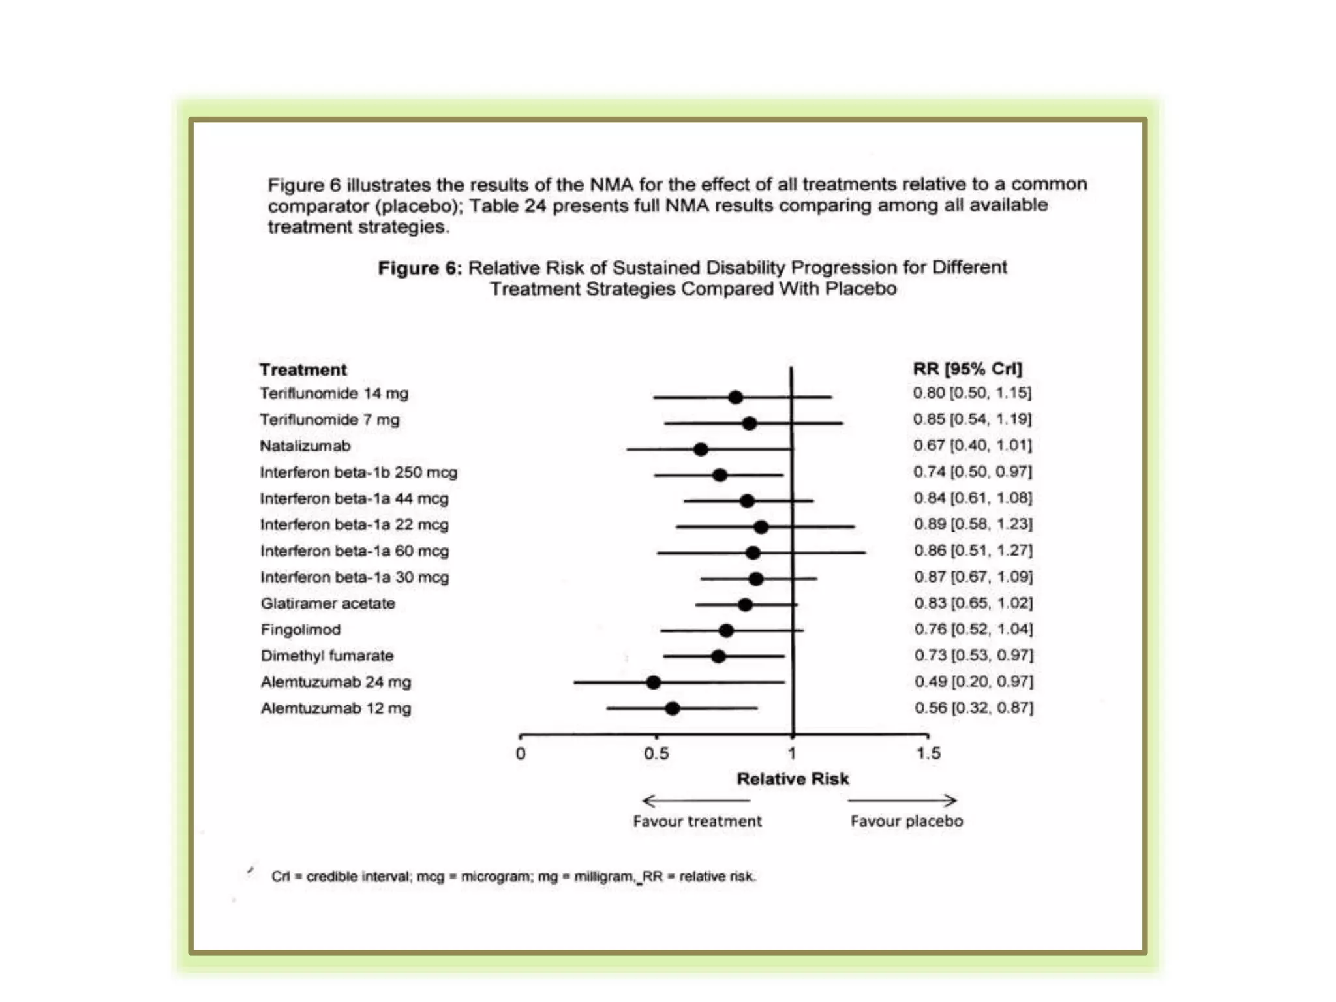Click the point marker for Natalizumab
point(701,449)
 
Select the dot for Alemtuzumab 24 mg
point(653,682)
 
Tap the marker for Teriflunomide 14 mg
point(735,397)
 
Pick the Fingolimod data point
point(726,630)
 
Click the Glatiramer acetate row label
point(327,603)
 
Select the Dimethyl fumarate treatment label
point(327,656)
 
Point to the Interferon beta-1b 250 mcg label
point(358,472)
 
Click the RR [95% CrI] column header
point(967,369)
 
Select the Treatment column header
point(303,370)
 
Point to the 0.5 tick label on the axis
point(656,753)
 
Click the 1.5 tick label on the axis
point(928,753)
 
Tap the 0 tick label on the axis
point(521,754)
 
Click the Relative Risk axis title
point(793,779)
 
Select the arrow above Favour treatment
point(696,800)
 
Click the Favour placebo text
point(906,821)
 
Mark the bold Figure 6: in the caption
point(419,268)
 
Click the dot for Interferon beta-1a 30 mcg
point(755,579)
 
